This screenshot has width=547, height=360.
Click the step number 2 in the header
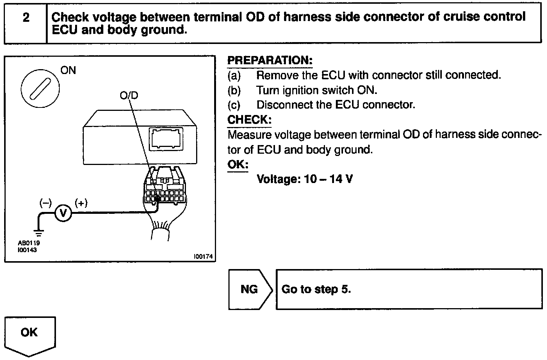(x=26, y=18)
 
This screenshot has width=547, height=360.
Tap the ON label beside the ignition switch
(x=68, y=70)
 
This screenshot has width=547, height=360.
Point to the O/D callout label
(x=129, y=95)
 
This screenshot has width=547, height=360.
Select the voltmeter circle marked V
(x=63, y=213)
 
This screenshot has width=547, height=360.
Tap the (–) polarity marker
(x=45, y=203)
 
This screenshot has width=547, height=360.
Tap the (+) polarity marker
(x=81, y=203)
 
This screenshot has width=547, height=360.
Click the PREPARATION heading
(x=270, y=61)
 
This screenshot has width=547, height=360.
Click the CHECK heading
(x=249, y=120)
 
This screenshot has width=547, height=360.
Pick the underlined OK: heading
(x=238, y=165)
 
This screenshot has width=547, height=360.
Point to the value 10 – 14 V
(x=328, y=179)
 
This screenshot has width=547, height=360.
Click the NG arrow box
(x=249, y=289)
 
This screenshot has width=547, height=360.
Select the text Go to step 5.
(x=316, y=289)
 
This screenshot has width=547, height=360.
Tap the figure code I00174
(x=203, y=256)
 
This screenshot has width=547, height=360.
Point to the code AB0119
(x=29, y=243)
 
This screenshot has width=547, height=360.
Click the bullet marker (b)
(x=234, y=90)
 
